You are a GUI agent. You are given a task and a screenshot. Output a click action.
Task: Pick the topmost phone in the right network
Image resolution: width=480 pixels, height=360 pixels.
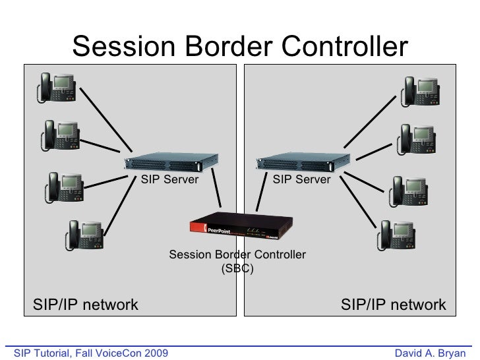[x=420, y=90]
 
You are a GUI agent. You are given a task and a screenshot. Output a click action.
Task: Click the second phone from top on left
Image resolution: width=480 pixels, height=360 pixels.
[x=61, y=135]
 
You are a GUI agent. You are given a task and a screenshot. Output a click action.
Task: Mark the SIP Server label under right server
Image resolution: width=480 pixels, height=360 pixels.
[x=302, y=179]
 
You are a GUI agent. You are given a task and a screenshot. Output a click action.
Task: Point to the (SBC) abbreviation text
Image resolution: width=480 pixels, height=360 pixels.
[x=237, y=269]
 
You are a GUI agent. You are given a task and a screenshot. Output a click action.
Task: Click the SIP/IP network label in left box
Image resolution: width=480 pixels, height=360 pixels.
[x=86, y=305]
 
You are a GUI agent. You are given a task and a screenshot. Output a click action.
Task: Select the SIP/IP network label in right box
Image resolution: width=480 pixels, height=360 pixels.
[x=393, y=305]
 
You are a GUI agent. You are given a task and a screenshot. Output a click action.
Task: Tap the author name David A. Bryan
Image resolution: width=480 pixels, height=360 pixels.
[x=429, y=353]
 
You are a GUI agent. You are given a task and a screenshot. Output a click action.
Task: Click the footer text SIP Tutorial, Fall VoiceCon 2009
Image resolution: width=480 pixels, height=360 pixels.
[x=86, y=353]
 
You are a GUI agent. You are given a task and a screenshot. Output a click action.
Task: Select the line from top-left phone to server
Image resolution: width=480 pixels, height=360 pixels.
[x=105, y=121]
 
